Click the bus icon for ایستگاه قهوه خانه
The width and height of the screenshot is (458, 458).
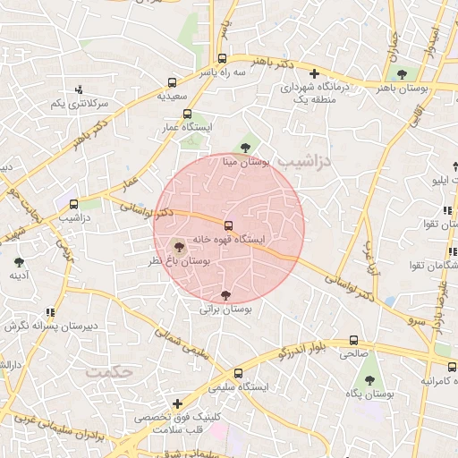pos(229,225)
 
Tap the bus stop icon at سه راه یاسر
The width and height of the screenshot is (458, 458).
pos(223,57)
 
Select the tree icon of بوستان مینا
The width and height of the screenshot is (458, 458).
pos(246,148)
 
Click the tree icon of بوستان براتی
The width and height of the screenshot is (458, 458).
pos(225,294)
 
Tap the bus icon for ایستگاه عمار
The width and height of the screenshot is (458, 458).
pos(187,114)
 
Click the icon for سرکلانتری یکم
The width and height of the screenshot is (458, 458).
pos(80,89)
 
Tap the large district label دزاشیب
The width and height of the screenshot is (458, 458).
pos(301,161)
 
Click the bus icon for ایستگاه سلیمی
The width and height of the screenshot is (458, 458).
pos(237,373)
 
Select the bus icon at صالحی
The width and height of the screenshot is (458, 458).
pos(353,340)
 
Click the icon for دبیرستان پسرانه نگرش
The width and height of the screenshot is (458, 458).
pos(51,312)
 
